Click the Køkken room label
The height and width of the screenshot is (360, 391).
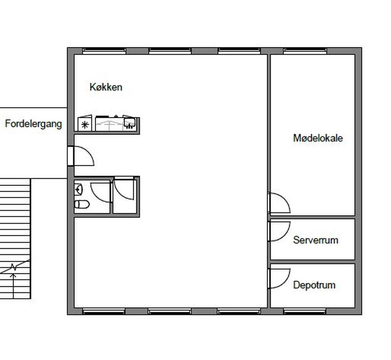tap(106, 87)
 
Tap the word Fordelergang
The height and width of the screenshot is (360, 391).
tap(33, 124)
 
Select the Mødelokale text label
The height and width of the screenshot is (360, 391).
tap(318, 138)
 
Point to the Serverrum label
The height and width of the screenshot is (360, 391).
tap(316, 240)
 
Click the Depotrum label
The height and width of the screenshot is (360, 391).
tap(314, 285)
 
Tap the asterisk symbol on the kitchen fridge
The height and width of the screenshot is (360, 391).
tap(85, 125)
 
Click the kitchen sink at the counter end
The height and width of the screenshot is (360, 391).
tap(129, 123)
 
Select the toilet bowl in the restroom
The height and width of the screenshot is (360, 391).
tap(82, 204)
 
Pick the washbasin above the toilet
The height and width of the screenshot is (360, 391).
tap(78, 189)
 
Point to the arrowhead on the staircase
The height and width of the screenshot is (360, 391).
tap(13, 275)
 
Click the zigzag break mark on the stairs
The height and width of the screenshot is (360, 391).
tap(13, 267)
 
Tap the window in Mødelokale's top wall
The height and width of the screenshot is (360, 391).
tap(305, 51)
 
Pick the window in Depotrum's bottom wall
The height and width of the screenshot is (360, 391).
tap(305, 311)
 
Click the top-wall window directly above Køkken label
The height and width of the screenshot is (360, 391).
tap(104, 51)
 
